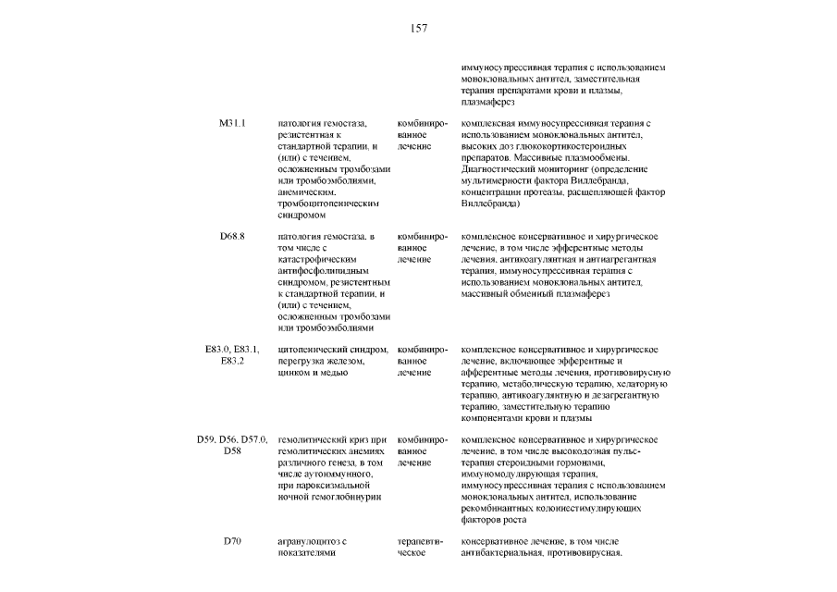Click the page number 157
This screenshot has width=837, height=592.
tap(418, 29)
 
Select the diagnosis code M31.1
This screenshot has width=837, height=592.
tap(232, 123)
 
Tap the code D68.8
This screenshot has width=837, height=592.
tap(232, 238)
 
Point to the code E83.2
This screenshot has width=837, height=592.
tap(232, 361)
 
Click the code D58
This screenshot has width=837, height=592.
tap(232, 450)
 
